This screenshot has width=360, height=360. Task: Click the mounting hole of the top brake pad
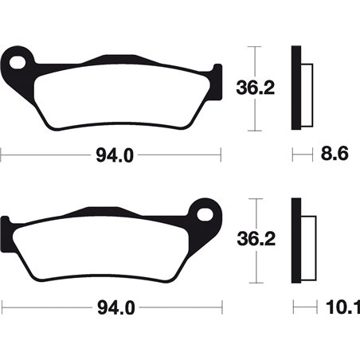coord(22,61)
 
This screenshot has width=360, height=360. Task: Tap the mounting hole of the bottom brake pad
coord(205,214)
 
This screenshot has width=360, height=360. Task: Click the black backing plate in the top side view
coord(297,88)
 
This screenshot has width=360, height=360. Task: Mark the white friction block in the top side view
coord(308,88)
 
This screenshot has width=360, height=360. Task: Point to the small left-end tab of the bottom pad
coord(7,225)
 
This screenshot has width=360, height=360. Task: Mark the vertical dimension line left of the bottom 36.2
coord(254,238)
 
